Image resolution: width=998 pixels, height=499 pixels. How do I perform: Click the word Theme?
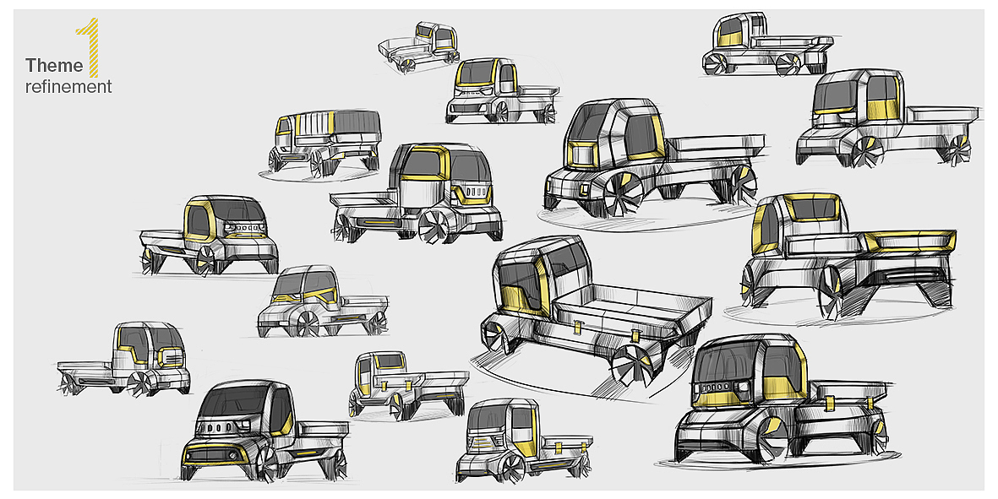tap(54, 66)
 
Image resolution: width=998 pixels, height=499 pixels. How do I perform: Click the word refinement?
tap(68, 86)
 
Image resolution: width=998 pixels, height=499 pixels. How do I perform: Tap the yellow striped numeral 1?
tap(90, 51)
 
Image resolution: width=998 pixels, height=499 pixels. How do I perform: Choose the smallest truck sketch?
tap(419, 49)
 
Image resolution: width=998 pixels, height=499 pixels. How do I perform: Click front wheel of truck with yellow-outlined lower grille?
tap(268, 464)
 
